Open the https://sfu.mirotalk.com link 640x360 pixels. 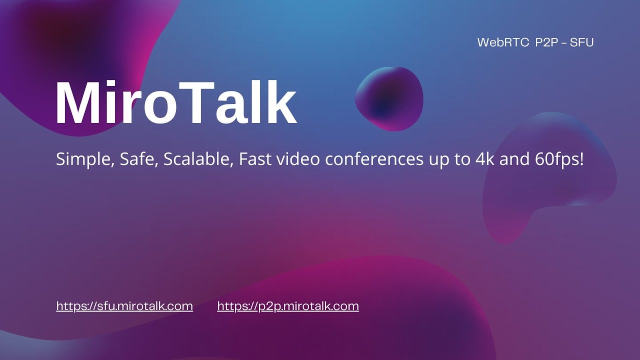click(x=124, y=306)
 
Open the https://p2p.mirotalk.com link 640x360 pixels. click(x=288, y=306)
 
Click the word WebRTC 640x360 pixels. click(x=503, y=42)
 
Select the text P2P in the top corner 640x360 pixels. click(x=548, y=42)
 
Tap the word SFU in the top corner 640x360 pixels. click(x=583, y=42)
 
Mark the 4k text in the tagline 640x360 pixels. click(x=480, y=160)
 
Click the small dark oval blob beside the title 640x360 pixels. click(x=389, y=98)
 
